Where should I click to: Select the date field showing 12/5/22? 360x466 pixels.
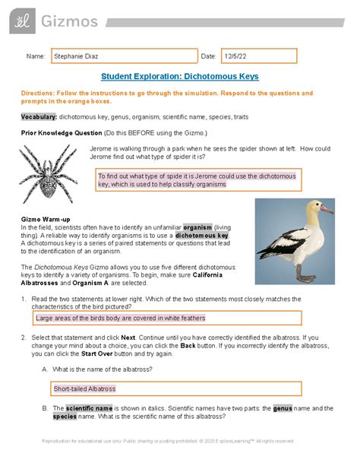point(258,56)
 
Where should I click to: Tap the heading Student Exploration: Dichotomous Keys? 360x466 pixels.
point(179,77)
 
